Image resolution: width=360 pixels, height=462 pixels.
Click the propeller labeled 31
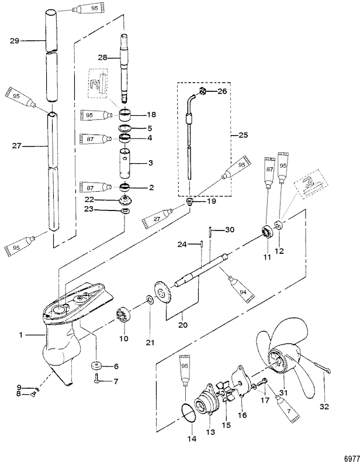click(x=282, y=359)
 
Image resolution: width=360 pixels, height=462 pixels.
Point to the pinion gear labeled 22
click(x=126, y=201)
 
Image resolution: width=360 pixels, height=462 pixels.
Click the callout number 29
click(x=15, y=41)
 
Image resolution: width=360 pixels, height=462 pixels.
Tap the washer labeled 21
click(x=150, y=300)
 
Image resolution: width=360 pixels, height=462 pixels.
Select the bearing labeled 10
click(x=124, y=314)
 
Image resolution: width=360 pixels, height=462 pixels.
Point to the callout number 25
click(x=243, y=135)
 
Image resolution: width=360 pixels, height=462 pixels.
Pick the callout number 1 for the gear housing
click(x=20, y=335)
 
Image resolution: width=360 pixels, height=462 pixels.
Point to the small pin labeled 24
click(x=202, y=244)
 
